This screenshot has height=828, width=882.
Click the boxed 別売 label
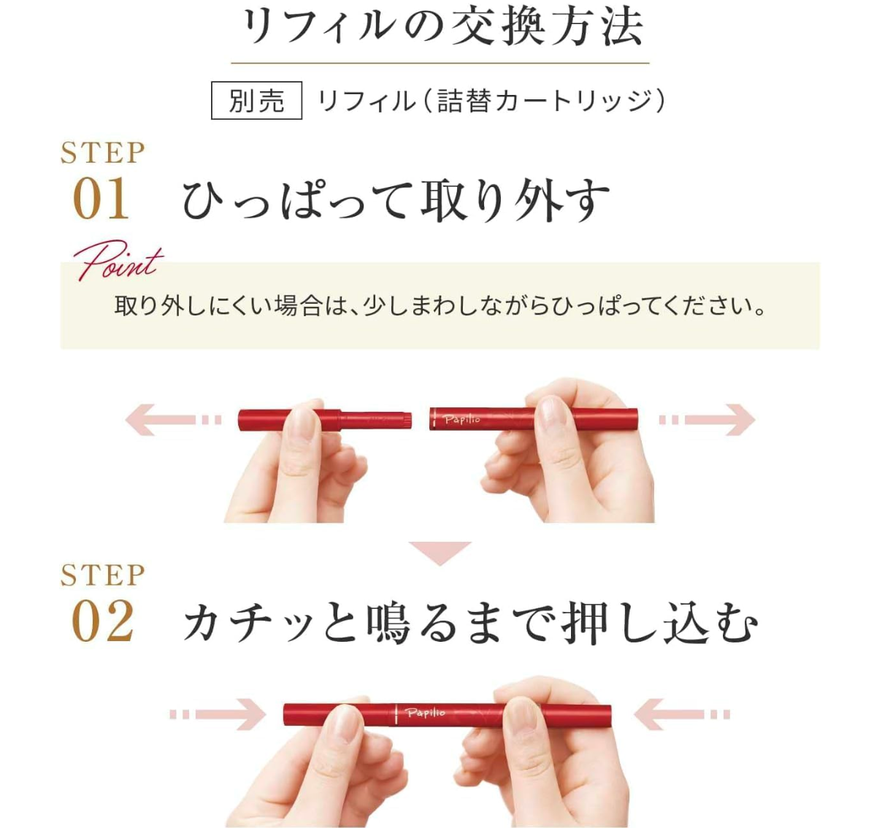click(x=256, y=100)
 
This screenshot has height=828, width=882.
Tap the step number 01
click(x=101, y=199)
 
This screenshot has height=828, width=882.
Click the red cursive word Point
click(x=118, y=260)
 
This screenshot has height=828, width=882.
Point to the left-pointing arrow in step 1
click(x=173, y=420)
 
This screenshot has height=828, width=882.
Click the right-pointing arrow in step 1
click(x=707, y=420)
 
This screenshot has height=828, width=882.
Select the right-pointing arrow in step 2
click(x=218, y=714)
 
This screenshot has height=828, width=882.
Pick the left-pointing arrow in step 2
click(x=682, y=714)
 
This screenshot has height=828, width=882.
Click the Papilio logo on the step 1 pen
click(x=462, y=419)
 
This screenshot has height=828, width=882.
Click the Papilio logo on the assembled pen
click(x=425, y=713)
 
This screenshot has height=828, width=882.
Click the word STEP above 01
click(x=103, y=153)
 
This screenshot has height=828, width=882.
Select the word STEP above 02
click(x=103, y=575)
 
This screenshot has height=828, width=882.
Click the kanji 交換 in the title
click(x=498, y=27)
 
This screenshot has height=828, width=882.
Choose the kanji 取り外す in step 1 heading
click(x=515, y=200)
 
